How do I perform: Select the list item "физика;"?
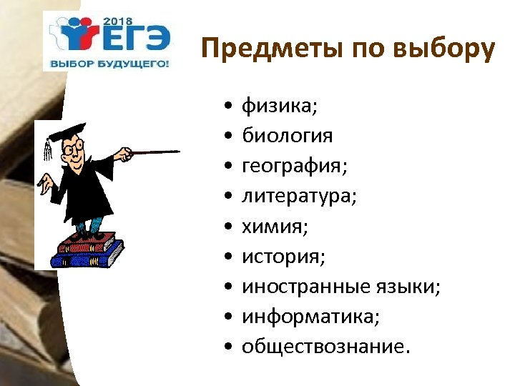(280, 107)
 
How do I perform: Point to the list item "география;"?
(294, 167)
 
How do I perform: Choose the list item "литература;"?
(299, 197)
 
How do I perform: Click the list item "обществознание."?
(327, 347)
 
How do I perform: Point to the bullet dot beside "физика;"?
(226, 108)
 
